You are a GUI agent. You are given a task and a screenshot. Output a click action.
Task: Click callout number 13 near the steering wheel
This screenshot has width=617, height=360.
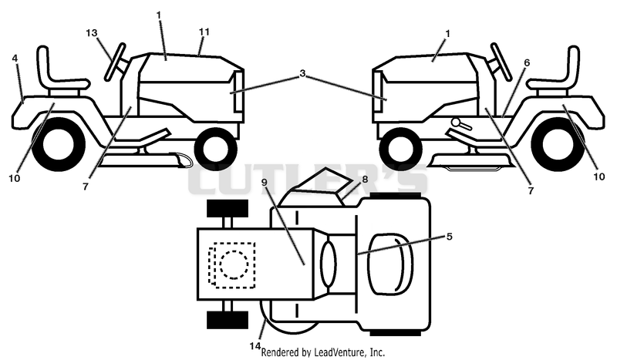[91, 32]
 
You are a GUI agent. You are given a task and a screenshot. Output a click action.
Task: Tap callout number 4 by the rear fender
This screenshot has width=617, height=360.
[15, 59]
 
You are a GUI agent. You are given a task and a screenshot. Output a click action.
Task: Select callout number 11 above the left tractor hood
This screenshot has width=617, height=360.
[204, 32]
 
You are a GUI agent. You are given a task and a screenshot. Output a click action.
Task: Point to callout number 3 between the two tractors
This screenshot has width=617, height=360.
[302, 73]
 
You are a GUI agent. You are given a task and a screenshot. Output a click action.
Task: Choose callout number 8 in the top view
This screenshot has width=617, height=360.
[365, 180]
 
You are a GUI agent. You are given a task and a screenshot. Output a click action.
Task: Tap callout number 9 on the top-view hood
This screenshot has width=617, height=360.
[264, 182]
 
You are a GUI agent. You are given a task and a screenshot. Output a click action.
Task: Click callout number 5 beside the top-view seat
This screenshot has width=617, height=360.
[449, 236]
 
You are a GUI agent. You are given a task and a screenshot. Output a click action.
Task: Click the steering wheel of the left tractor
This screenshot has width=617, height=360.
[114, 62]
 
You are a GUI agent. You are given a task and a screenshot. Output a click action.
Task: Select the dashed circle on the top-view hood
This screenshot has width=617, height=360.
[234, 264]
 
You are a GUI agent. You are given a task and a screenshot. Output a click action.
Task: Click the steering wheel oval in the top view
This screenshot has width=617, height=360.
[329, 264]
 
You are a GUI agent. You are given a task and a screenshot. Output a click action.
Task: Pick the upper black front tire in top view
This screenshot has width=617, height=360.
[228, 208]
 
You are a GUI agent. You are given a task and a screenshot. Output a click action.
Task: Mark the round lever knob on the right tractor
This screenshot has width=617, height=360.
[457, 123]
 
